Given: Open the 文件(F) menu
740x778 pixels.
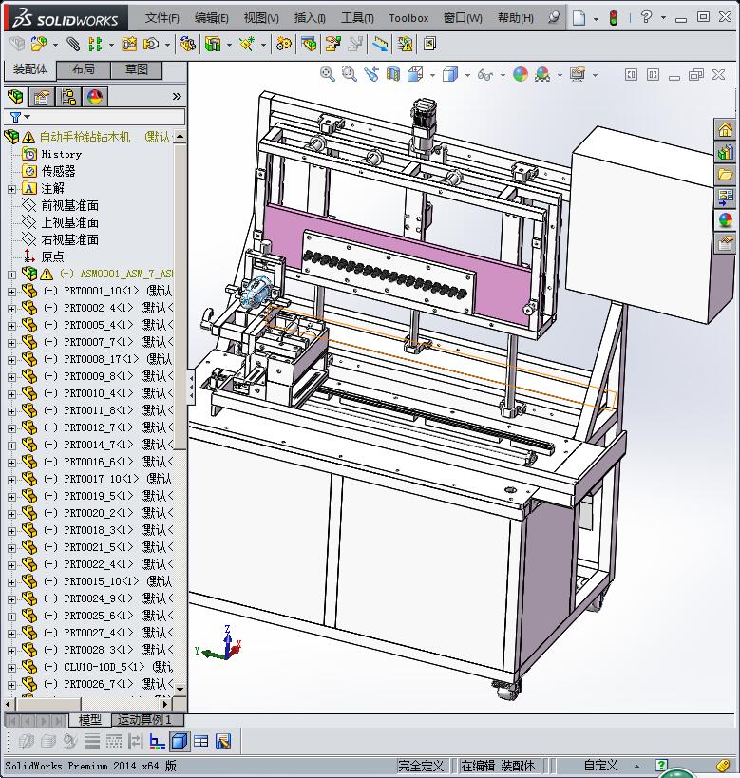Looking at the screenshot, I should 162,17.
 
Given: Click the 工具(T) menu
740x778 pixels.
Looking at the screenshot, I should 357,17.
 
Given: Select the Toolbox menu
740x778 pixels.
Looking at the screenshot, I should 408,17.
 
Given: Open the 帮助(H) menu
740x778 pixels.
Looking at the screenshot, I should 516,17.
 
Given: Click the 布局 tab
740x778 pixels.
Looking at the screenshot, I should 83,69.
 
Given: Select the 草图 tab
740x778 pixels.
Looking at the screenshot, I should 137,69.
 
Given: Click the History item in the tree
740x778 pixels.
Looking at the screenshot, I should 61,154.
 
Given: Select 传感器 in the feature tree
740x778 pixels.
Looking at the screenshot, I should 58,171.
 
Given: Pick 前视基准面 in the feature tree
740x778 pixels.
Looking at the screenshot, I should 69,205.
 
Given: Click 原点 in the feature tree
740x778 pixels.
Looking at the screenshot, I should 52,256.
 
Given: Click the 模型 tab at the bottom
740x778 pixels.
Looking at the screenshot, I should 90,720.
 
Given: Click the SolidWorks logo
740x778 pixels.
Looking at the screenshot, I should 66,17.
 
